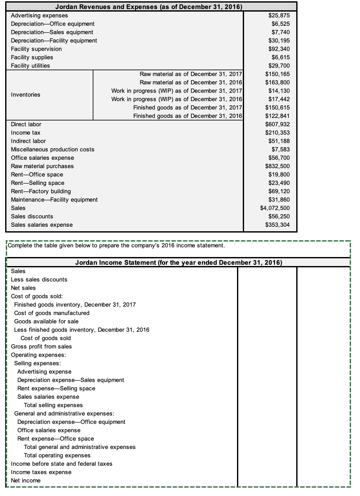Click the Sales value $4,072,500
[275, 208]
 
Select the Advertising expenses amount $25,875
[279, 15]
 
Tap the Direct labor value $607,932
[277, 124]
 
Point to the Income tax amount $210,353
[277, 133]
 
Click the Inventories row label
[25, 95]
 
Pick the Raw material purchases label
[42, 166]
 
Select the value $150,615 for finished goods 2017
[277, 108]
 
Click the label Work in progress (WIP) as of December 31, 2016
[176, 99]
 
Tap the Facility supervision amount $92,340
[279, 49]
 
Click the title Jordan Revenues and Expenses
[148, 6]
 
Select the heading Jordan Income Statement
[178, 262]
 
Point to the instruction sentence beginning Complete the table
[116, 245]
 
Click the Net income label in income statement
[26, 481]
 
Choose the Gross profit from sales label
[41, 347]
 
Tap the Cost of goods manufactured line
[52, 313]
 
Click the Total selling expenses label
[53, 405]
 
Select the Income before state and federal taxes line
[62, 464]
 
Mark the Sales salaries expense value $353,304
[277, 225]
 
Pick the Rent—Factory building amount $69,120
[279, 191]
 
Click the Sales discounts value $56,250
[279, 216]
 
